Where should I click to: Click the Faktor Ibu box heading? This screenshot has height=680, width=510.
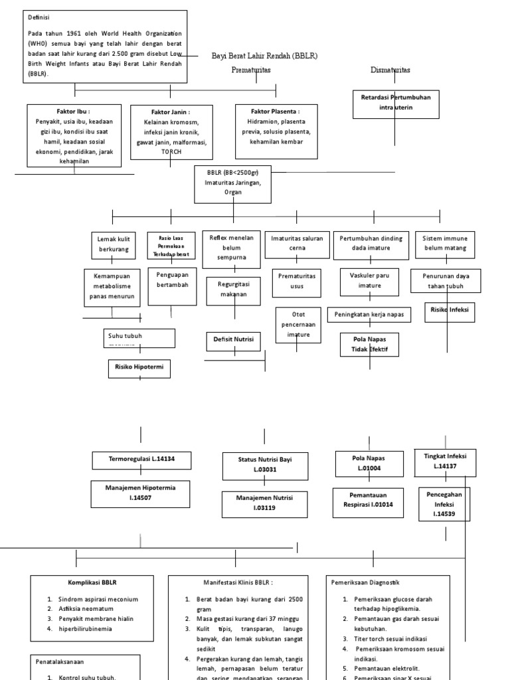(x=74, y=112)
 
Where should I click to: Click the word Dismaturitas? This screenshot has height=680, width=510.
(x=390, y=70)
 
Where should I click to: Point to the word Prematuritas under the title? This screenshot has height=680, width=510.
(x=251, y=70)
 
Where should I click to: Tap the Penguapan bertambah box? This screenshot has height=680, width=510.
(x=172, y=280)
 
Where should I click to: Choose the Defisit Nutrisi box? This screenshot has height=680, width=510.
(x=232, y=339)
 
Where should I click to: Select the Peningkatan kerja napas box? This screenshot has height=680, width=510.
(x=369, y=313)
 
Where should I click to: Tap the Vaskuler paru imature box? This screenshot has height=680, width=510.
(x=370, y=280)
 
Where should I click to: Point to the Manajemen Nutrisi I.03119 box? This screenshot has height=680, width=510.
(x=264, y=502)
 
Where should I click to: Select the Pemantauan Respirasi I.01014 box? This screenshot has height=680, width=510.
(x=368, y=499)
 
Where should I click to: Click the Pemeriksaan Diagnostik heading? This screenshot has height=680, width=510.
(x=365, y=582)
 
